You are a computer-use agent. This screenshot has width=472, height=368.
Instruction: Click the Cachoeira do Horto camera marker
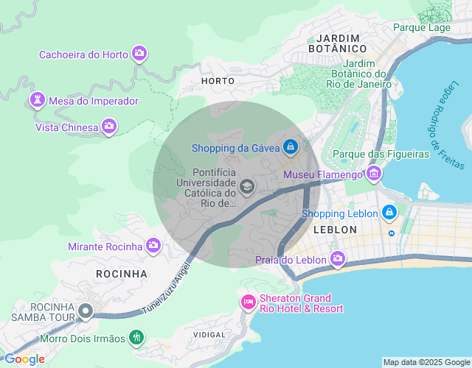click(139, 54)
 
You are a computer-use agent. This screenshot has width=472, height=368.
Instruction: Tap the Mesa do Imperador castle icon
click(36, 100)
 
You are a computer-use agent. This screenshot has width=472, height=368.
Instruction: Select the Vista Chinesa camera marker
click(109, 127)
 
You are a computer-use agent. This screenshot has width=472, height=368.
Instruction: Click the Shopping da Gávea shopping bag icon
click(291, 147)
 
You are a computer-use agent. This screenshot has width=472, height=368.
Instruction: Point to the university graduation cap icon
click(247, 186)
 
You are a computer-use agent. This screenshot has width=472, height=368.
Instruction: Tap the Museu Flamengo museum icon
click(374, 174)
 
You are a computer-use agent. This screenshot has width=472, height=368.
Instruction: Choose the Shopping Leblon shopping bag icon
click(389, 213)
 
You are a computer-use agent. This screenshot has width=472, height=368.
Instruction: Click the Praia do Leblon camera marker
click(338, 258)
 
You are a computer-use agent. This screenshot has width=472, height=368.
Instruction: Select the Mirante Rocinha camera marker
click(153, 246)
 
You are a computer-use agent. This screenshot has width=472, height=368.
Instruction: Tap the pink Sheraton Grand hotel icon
click(249, 302)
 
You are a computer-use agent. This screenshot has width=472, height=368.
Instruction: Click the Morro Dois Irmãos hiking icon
click(136, 338)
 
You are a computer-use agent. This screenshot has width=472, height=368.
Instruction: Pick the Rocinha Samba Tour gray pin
click(86, 312)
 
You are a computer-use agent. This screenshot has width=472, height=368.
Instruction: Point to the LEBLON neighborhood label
click(335, 230)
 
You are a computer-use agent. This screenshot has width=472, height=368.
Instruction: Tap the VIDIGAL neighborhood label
click(209, 335)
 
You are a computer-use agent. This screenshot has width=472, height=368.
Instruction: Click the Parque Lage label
click(421, 27)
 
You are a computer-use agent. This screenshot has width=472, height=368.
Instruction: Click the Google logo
click(24, 359)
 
